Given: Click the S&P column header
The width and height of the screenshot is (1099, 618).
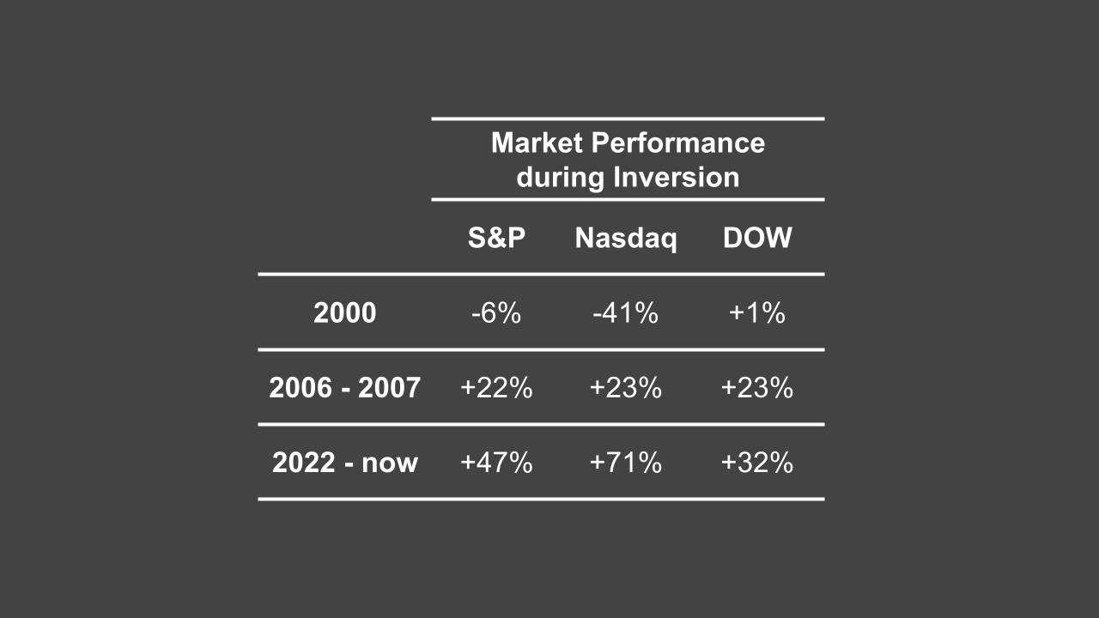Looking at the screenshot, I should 496,238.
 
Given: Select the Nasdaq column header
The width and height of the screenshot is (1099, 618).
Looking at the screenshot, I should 626,238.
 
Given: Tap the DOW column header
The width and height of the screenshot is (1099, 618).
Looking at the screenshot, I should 757,238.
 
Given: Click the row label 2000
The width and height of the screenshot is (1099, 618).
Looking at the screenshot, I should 344,313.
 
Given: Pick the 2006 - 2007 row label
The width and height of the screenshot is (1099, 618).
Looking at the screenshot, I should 344,388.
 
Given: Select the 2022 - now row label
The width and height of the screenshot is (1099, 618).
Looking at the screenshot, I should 344,463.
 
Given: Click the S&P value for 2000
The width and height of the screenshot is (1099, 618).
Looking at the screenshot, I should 496,313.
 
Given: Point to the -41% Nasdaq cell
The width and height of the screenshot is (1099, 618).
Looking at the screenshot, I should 625,313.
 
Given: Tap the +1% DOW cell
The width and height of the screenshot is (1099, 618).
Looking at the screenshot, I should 757,313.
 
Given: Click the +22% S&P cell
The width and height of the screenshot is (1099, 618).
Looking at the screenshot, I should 496,388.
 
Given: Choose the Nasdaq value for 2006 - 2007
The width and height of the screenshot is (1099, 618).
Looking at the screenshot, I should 625,388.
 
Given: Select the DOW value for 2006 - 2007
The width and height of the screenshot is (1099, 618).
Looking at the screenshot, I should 757,388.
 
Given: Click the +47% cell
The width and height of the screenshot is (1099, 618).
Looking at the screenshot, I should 496,463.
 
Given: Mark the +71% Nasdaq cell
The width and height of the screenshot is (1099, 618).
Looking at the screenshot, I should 625,463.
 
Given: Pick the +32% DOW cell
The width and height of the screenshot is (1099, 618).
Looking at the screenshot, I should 757,463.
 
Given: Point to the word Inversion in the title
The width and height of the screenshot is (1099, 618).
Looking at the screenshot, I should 677,178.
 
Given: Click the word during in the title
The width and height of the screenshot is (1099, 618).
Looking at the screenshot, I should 561,178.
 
